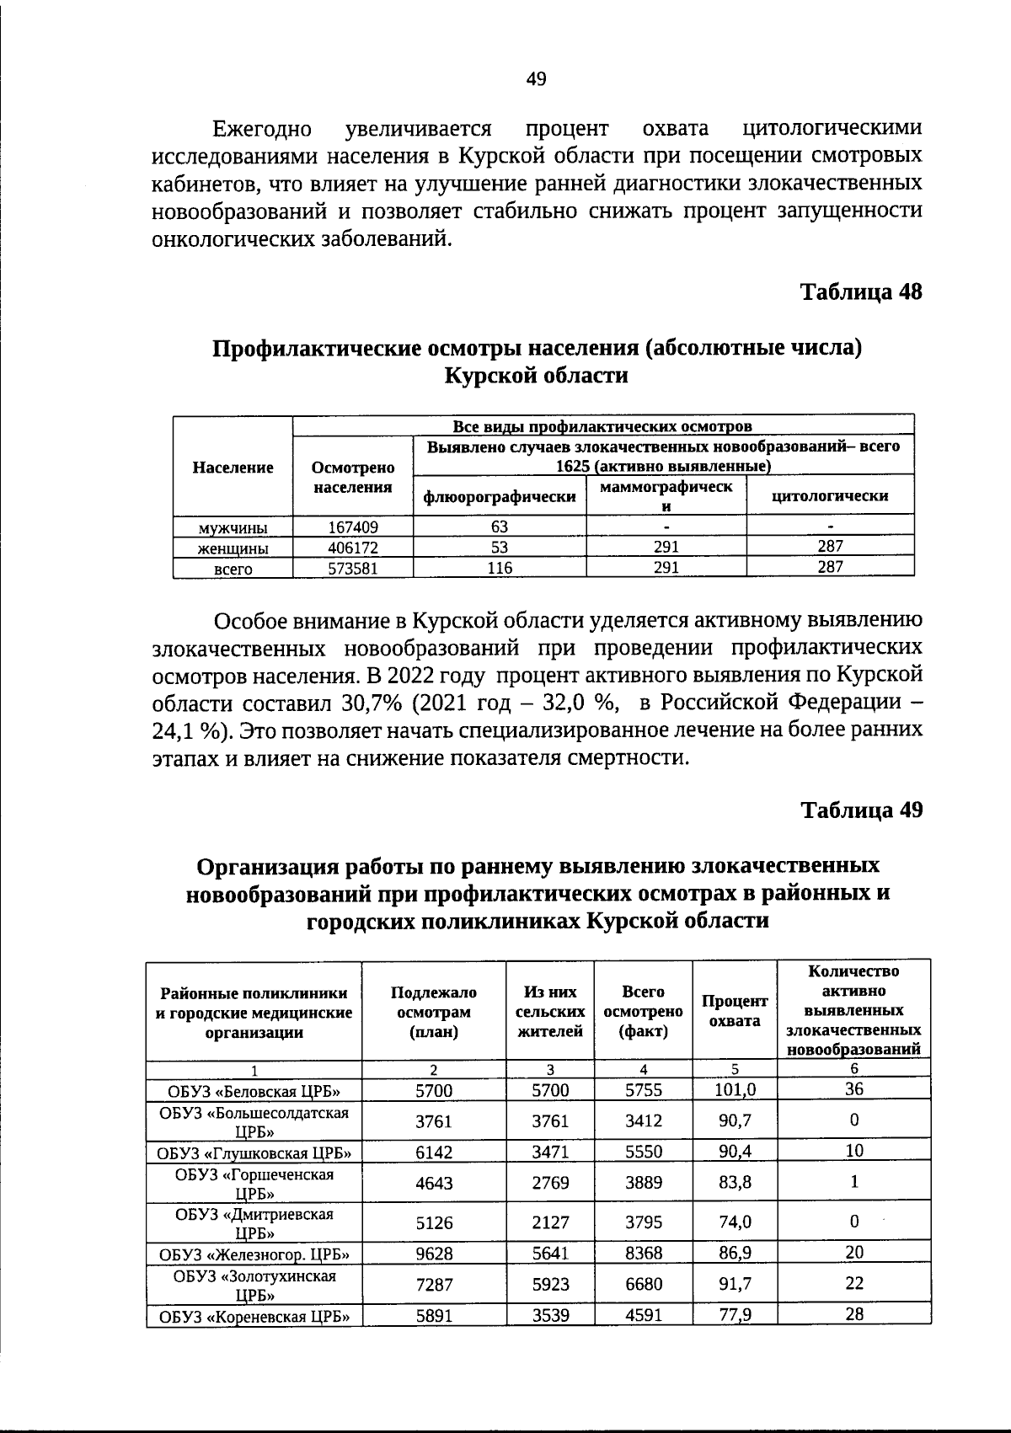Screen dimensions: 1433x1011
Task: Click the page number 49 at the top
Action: (536, 79)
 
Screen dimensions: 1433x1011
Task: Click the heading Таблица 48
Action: (860, 292)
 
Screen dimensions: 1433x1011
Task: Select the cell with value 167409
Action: (352, 527)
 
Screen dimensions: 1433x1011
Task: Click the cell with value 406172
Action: (352, 548)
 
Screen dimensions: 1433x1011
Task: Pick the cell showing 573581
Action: (352, 568)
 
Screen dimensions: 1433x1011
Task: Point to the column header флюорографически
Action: (500, 497)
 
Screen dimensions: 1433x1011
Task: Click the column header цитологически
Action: (830, 496)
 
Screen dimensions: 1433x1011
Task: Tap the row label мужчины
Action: (233, 528)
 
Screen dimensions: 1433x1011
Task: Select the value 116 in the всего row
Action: (500, 568)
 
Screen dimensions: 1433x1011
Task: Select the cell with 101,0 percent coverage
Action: (735, 1090)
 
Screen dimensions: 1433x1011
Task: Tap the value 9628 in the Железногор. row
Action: (434, 1254)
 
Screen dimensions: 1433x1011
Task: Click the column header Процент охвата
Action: (735, 1010)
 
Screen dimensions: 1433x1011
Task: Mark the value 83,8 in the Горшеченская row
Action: (735, 1183)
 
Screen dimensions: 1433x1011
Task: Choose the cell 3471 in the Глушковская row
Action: (550, 1152)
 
